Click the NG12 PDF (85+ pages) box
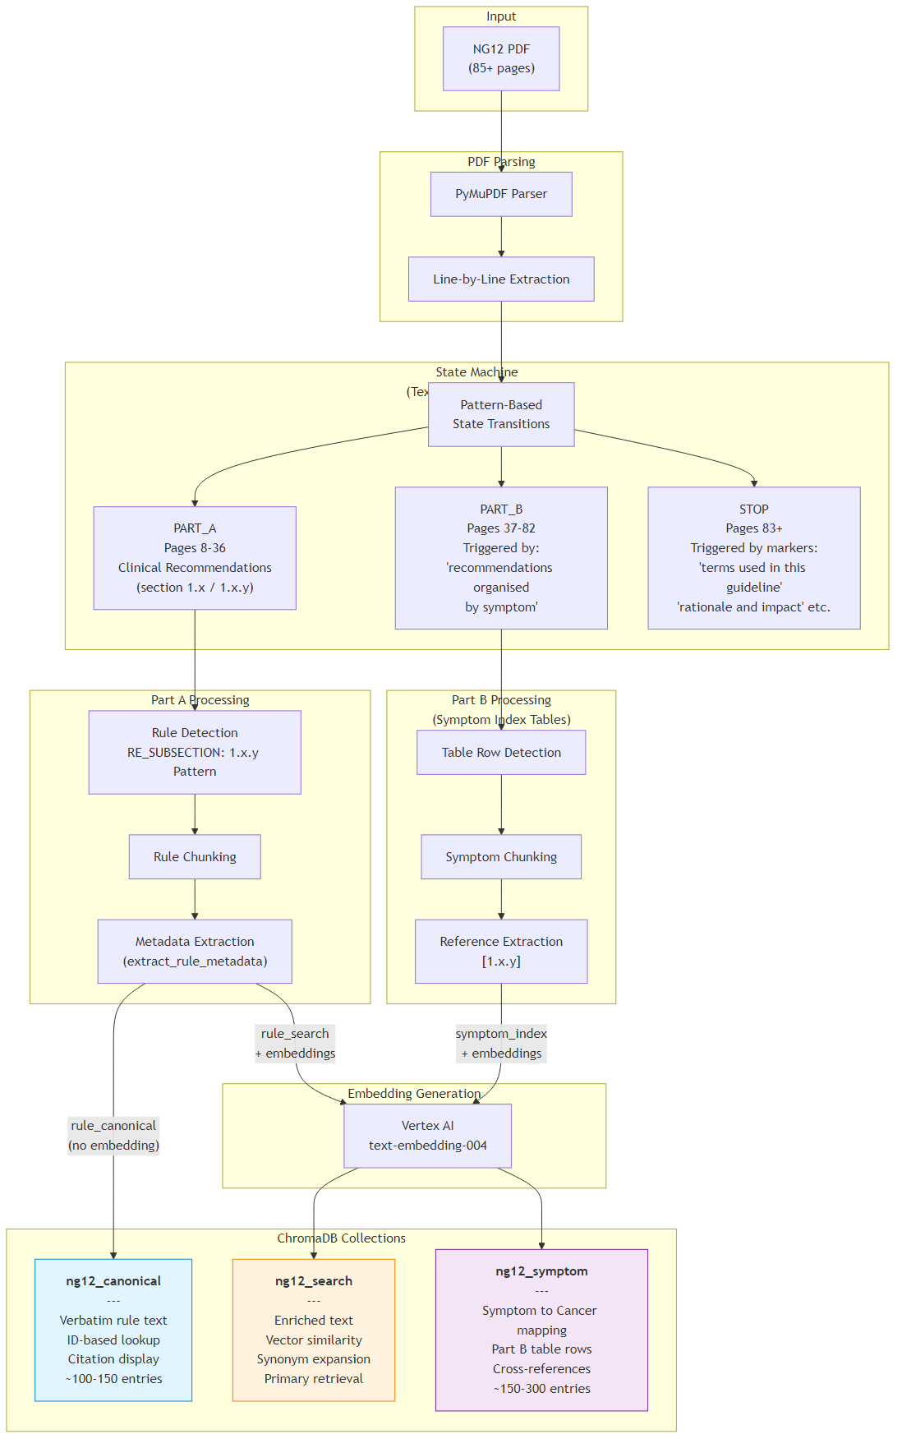coord(501,58)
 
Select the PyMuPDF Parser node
coord(501,194)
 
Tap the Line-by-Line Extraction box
coord(501,279)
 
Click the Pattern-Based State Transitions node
coord(501,414)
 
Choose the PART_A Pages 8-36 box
coord(195,558)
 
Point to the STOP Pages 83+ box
coord(753,558)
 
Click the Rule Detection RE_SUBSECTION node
coord(195,752)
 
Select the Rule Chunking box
coord(195,857)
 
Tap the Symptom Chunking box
coord(501,857)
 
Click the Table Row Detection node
coord(501,753)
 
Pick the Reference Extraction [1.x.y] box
coord(501,952)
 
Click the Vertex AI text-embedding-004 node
coord(427,1136)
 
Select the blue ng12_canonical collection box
coord(113,1330)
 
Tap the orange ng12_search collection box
coord(314,1330)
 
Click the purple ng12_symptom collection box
coord(541,1330)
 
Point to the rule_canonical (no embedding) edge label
coord(113,1136)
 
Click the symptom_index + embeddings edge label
coord(501,1044)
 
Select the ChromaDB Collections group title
coord(341,1238)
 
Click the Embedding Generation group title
coord(413,1094)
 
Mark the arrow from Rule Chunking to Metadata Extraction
coord(195,899)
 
